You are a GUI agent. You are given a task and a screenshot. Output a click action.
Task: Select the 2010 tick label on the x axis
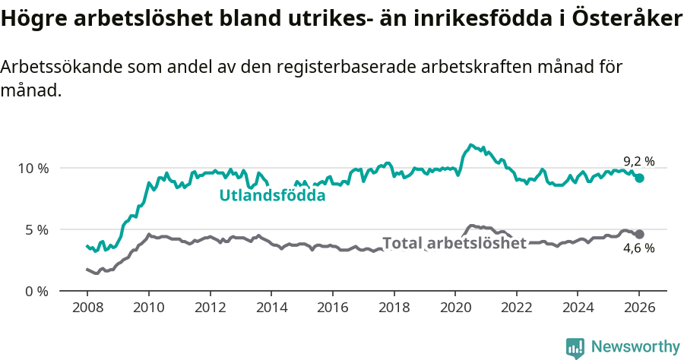coord(148,308)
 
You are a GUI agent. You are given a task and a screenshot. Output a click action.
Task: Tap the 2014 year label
coord(271,308)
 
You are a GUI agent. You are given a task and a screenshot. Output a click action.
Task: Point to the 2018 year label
coord(394,308)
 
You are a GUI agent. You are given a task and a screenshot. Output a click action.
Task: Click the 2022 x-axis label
coord(516,308)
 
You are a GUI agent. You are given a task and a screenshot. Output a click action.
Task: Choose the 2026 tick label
coord(639,308)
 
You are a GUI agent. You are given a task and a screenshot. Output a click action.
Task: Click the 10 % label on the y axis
coord(33,168)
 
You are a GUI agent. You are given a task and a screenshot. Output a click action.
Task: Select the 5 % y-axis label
coord(36,229)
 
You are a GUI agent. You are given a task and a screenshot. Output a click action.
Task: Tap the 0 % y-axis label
coord(36,291)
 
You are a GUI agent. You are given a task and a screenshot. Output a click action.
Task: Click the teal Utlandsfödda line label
coord(272,195)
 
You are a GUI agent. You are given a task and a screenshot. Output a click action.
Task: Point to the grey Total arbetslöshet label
coord(454,243)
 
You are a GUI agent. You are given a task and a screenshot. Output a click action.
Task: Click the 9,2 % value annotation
coord(638,161)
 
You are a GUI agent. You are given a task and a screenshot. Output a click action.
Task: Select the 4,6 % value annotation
coord(638,248)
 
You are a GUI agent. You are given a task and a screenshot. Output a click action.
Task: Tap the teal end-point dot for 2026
coord(639,178)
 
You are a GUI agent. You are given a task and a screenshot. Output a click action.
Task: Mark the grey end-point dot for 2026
coord(639,234)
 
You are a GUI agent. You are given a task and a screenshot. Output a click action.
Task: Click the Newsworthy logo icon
coord(575,347)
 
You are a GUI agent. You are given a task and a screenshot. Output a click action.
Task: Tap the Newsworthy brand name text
coord(635,347)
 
